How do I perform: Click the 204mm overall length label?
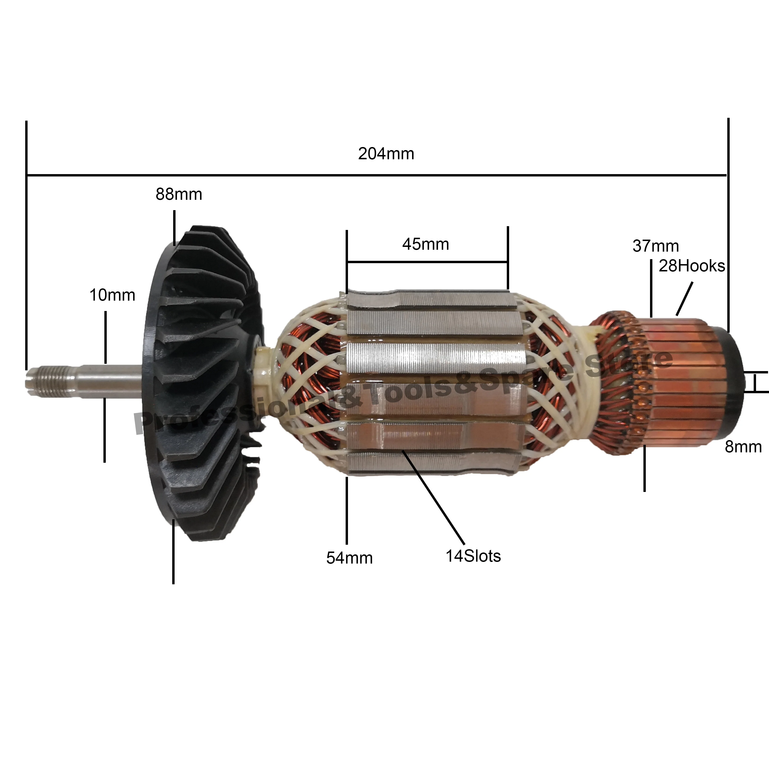[x=386, y=154]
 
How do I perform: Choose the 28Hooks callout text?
[x=692, y=266]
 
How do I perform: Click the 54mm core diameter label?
[x=349, y=558]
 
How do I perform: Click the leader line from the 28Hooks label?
[x=685, y=299]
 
